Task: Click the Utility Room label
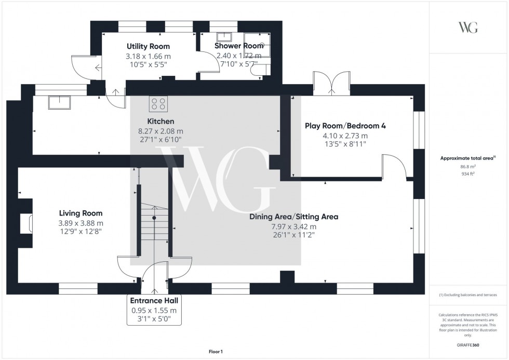148,46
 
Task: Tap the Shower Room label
239,46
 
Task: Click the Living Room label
81,213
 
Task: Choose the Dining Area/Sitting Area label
293,217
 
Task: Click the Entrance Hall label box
154,310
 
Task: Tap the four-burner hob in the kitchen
159,104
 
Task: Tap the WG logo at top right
468,28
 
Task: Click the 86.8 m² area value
468,167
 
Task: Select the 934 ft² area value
468,174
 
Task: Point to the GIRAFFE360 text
468,344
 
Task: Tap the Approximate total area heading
468,158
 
